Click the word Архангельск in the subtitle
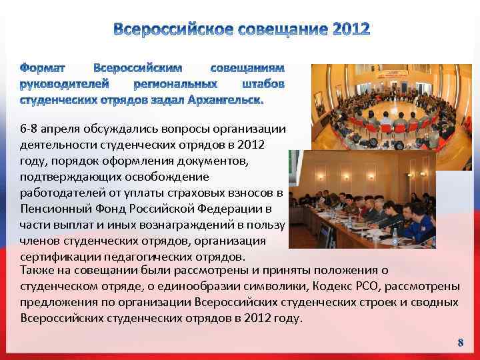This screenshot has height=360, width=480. click(x=226, y=100)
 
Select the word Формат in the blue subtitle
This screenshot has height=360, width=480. click(x=43, y=68)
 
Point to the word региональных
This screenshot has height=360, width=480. click(x=175, y=84)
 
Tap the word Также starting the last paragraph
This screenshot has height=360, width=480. click(x=38, y=270)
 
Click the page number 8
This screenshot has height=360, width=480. click(x=460, y=343)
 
